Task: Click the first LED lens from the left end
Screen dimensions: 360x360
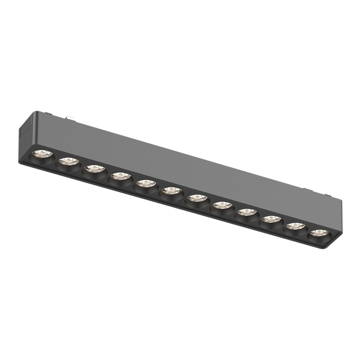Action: pyautogui.click(x=42, y=155)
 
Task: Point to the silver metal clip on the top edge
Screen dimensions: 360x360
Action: pyautogui.click(x=69, y=118)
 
